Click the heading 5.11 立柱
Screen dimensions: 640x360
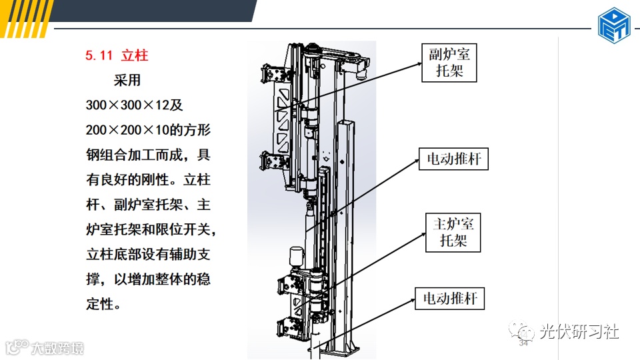point(117,55)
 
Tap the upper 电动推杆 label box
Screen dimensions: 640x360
point(453,159)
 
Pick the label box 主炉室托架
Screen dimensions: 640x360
point(453,232)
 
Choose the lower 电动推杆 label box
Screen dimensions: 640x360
point(450,298)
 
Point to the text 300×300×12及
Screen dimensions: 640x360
point(134,105)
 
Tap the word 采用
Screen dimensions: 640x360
point(127,81)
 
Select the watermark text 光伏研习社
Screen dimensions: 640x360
point(579,331)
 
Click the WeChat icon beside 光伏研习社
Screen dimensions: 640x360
point(522,331)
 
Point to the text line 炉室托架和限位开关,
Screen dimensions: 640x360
point(152,230)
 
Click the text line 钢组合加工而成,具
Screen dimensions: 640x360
point(148,155)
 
